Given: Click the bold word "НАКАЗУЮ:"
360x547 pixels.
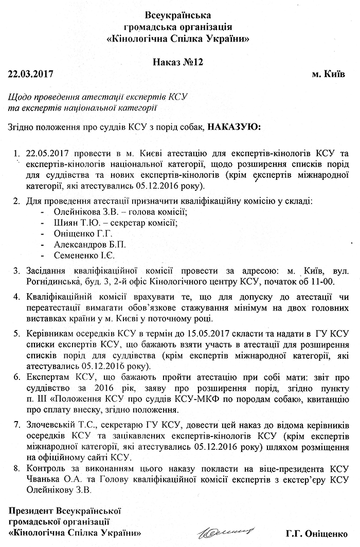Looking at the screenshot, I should coord(234,126).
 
